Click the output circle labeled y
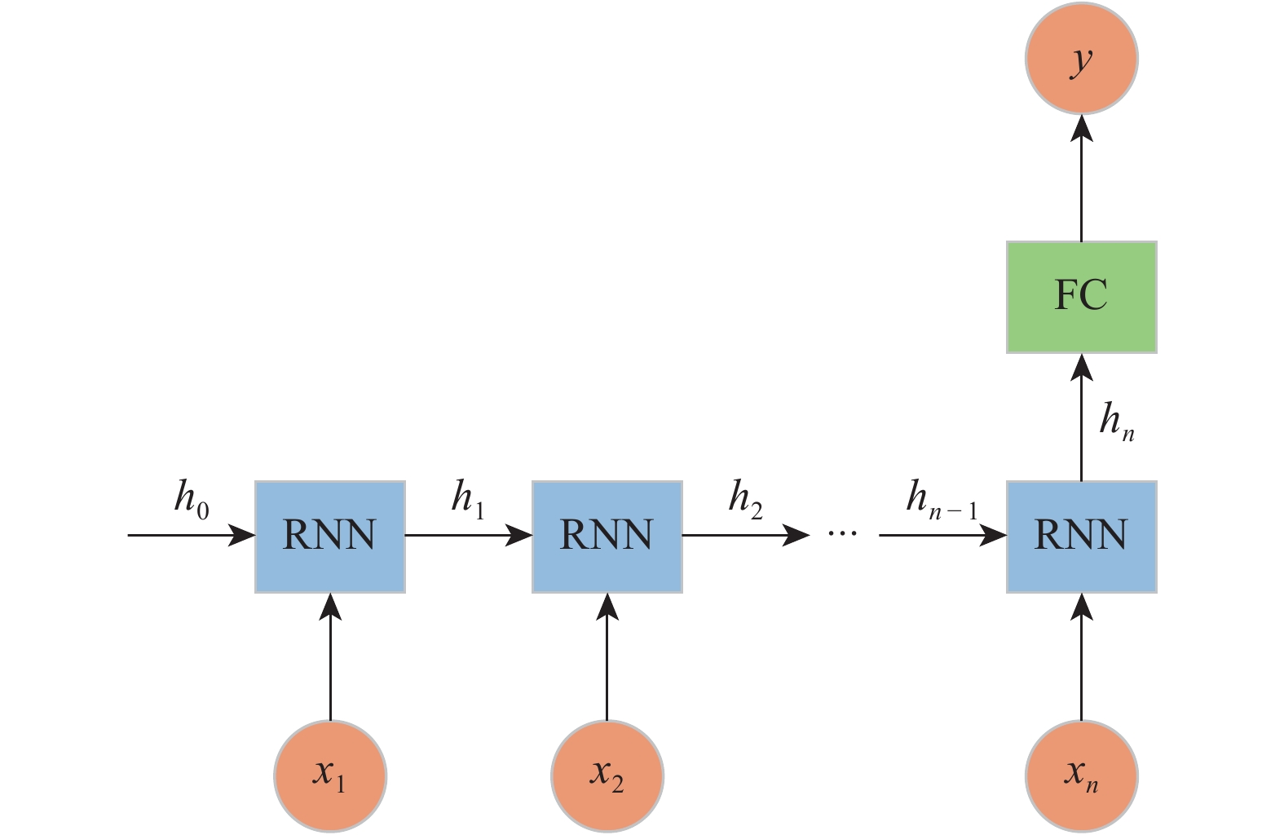1081,59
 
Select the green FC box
1081,297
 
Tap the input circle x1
330,775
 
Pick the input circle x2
607,775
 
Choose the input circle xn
1081,775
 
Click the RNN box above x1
330,537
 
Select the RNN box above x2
607,537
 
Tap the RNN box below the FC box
1081,537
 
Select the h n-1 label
942,498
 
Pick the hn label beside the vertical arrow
1116,422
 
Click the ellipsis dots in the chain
843,533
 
